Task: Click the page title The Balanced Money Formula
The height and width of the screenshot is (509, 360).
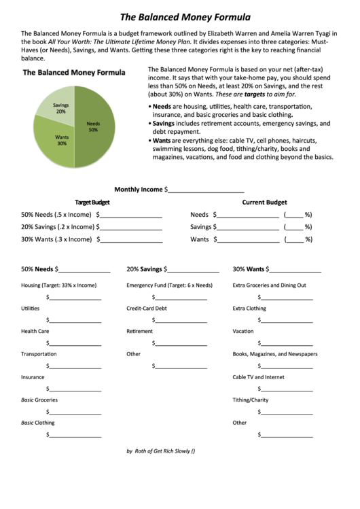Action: (185, 17)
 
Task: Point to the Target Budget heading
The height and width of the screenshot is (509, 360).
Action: (92, 203)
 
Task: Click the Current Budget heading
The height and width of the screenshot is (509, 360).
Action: (264, 203)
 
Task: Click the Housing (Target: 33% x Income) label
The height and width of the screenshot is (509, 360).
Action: (58, 285)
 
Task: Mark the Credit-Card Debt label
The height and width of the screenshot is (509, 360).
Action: (146, 309)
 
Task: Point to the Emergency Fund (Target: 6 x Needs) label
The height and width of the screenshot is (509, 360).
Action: (170, 285)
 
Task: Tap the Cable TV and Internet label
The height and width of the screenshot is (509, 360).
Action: (258, 377)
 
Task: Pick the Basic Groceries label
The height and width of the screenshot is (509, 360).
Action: (39, 400)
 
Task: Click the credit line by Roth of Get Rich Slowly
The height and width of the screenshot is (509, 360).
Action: (161, 451)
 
